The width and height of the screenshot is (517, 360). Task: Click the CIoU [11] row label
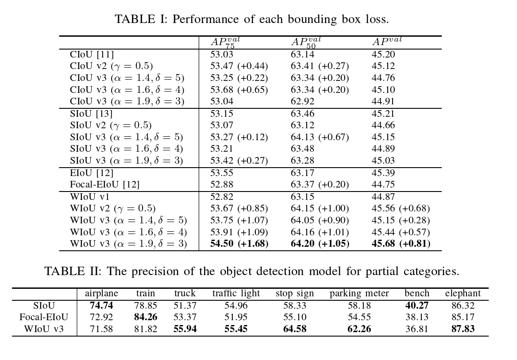point(92,54)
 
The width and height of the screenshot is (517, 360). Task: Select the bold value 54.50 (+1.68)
point(239,244)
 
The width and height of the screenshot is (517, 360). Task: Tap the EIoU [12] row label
point(92,173)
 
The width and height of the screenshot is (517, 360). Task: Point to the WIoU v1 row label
point(90,197)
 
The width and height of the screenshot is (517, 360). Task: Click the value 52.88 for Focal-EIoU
point(221,184)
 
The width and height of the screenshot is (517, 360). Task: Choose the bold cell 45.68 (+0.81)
point(401,244)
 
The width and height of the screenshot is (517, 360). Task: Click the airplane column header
point(101,293)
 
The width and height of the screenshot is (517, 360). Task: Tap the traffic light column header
point(236,293)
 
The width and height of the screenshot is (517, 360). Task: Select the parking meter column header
point(359,293)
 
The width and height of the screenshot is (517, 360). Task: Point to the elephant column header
point(463,293)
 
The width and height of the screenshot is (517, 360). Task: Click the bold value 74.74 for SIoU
point(101,306)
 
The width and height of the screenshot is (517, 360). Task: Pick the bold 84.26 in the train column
point(146,317)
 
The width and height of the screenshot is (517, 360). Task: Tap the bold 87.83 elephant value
point(463,329)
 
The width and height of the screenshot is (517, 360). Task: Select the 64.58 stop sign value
point(294,329)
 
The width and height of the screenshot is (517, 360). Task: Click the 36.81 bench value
point(417,329)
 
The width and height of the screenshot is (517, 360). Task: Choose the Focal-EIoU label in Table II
point(44,317)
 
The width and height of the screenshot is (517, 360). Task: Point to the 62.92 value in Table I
point(302,101)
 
